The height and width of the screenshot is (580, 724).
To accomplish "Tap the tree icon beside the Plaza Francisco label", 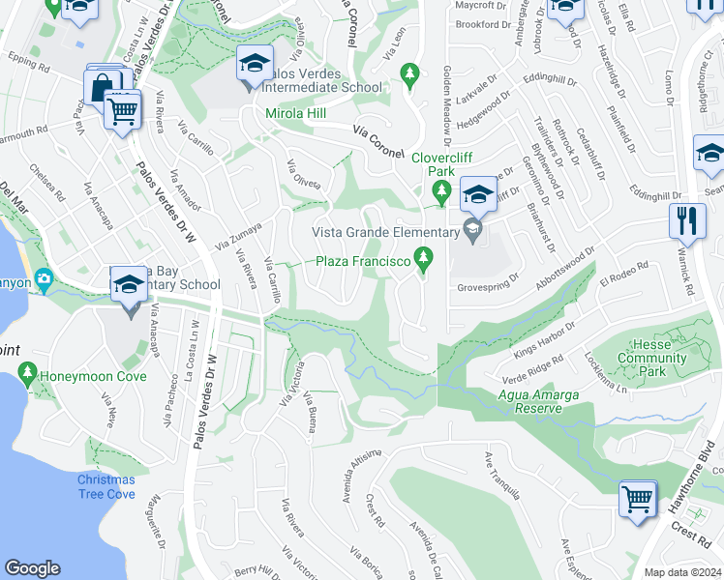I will [x=423, y=257].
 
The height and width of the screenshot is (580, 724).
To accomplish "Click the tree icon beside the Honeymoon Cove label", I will [x=27, y=373].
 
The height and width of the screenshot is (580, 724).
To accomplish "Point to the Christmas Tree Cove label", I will [x=107, y=487].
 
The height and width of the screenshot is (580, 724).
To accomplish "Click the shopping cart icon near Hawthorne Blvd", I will [x=637, y=499].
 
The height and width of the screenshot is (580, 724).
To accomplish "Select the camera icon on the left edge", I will [x=43, y=280].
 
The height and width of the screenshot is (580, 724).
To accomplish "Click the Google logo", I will [x=33, y=568].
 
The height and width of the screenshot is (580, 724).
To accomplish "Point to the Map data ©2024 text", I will [x=681, y=572].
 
